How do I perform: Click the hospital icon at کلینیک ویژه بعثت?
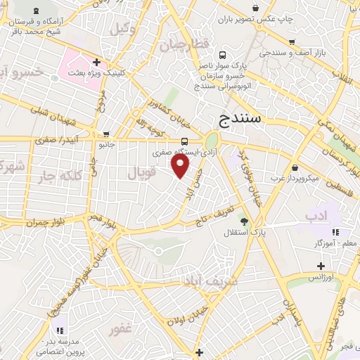(x=96, y=63)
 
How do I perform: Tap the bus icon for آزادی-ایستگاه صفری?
(x=184, y=141)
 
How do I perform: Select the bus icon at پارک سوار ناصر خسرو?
(x=223, y=55)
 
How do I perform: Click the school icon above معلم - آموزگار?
(x=335, y=232)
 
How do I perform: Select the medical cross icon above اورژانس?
(x=321, y=266)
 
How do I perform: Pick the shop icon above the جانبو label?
(x=105, y=134)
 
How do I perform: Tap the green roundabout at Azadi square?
(x=212, y=140)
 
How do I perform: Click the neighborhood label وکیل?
(x=122, y=29)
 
